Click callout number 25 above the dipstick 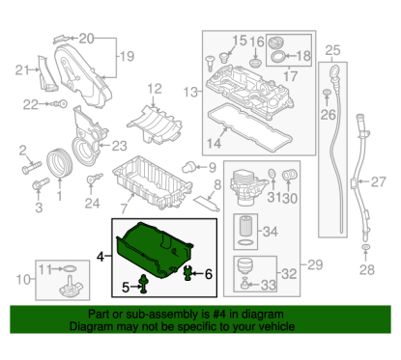[x=331, y=50]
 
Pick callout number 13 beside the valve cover [x=191, y=92]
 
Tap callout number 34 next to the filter [x=271, y=233]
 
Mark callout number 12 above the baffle [x=154, y=90]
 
